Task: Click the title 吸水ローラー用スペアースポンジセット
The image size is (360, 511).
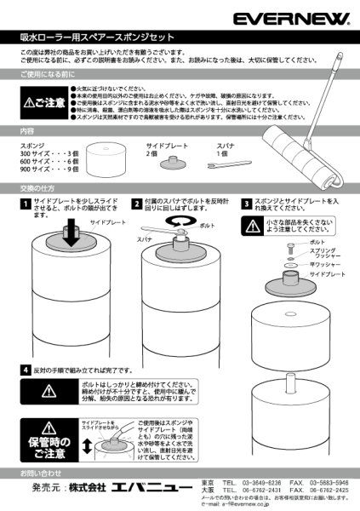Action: click(x=97, y=38)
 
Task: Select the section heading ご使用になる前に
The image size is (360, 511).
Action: click(x=49, y=76)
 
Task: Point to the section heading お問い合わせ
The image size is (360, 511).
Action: click(x=42, y=471)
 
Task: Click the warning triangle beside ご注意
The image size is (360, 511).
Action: click(x=30, y=104)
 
